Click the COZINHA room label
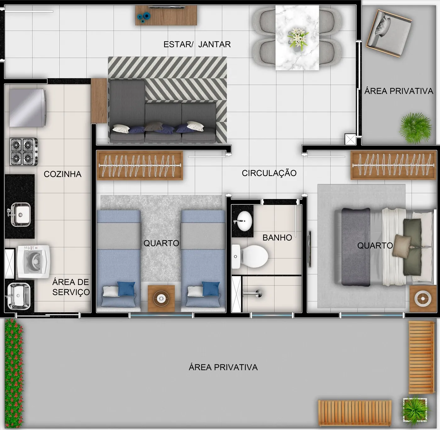click(x=63, y=174)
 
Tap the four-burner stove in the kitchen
click(x=24, y=152)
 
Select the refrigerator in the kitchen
click(x=28, y=108)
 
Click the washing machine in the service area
click(x=34, y=262)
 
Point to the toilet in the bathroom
click(x=250, y=257)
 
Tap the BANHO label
click(x=277, y=237)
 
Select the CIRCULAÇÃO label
click(x=269, y=173)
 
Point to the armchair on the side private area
click(x=389, y=33)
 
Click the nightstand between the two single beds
click(x=161, y=298)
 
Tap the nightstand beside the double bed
click(x=423, y=299)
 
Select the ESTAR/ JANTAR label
click(x=197, y=44)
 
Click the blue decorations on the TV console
click(x=144, y=18)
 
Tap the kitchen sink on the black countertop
click(x=20, y=215)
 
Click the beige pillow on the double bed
click(x=402, y=246)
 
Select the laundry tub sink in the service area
click(x=19, y=296)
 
